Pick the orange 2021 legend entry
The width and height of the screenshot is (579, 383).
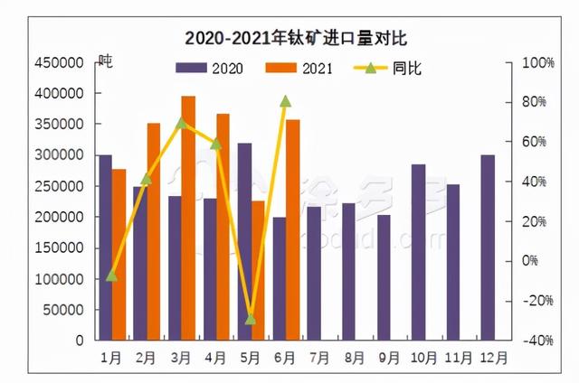299,68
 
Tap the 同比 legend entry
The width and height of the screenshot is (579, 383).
388,68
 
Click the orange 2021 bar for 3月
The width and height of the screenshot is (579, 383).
188,218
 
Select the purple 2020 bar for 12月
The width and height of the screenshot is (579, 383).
488,248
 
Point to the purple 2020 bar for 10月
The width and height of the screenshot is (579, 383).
418,252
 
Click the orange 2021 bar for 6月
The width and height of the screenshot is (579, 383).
292,229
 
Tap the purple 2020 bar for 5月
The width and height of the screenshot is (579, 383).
244,241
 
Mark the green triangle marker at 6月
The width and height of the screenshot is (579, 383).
285,101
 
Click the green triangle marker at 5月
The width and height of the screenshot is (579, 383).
251,319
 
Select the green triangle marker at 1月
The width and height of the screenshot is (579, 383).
112,276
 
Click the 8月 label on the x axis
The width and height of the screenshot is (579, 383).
355,357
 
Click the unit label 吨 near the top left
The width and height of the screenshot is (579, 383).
106,61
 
